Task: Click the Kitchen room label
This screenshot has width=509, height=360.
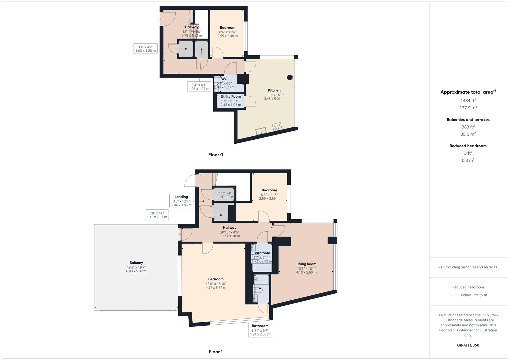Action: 274,90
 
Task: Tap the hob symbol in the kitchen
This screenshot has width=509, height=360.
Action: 277,127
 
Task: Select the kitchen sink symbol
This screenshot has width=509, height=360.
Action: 261,131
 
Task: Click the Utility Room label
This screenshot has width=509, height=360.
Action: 231,97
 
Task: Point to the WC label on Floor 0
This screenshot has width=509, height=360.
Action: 224,79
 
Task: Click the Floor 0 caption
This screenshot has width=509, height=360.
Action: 216,155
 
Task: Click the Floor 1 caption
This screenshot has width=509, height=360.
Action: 216,352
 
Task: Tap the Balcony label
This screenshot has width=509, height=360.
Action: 136,263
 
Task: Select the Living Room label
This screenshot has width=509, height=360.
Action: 306,264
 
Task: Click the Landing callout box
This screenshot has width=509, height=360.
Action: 181,201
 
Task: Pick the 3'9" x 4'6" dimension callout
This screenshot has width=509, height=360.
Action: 157,215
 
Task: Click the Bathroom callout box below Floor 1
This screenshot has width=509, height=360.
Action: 260,330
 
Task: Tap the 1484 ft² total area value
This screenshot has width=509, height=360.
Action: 468,100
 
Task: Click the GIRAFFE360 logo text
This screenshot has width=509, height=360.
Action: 468,345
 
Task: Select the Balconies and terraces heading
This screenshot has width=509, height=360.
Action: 468,120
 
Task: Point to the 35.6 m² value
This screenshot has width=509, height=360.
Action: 468,134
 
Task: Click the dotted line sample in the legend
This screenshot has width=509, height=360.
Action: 454,295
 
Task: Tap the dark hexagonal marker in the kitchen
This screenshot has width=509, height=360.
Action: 290,78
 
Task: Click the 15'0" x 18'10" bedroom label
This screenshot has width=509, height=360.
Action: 216,284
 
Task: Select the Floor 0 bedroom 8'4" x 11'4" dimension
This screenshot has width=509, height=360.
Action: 228,32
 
